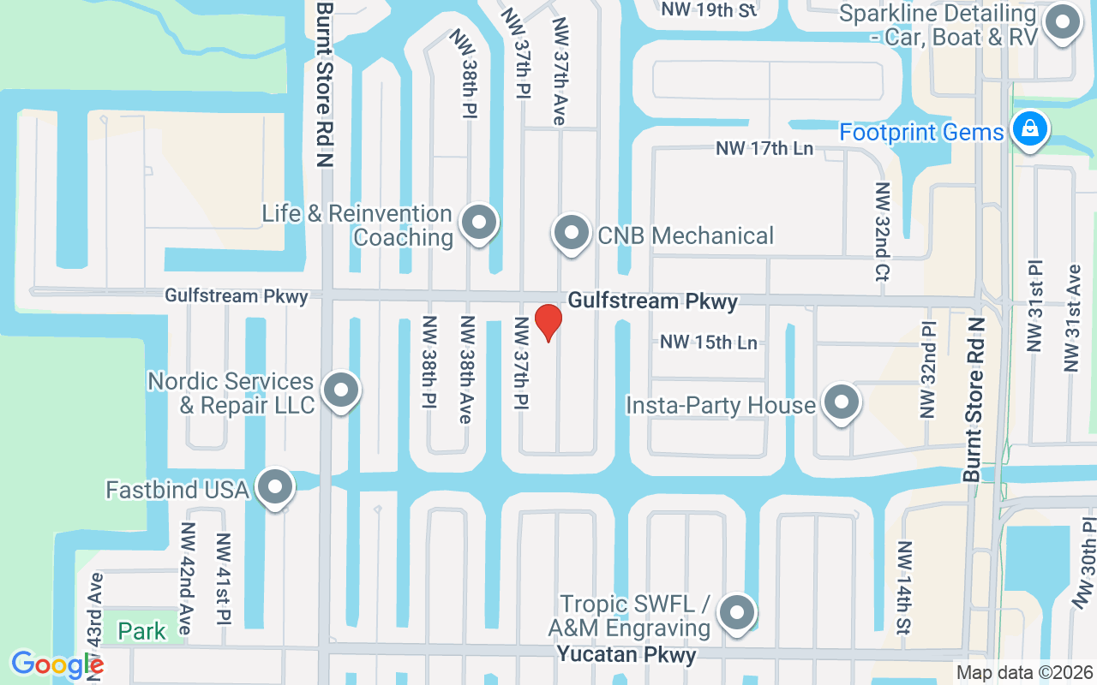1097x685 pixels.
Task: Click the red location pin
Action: pos(548,322)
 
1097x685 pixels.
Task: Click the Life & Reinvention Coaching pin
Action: pos(479,223)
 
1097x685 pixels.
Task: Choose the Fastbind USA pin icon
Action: pos(275,487)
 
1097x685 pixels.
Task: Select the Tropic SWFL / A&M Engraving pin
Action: pos(736,613)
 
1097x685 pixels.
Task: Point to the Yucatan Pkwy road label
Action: pos(626,655)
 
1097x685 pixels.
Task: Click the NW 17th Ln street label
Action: pos(764,149)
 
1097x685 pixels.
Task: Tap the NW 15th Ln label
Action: pos(709,342)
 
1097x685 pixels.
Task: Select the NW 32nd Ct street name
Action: pos(881,231)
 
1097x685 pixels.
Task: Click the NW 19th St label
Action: pos(710,10)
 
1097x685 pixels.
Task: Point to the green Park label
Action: pos(142,632)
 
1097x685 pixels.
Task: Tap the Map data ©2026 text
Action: pos(1024,673)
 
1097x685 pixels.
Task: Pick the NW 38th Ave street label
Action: pos(467,369)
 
